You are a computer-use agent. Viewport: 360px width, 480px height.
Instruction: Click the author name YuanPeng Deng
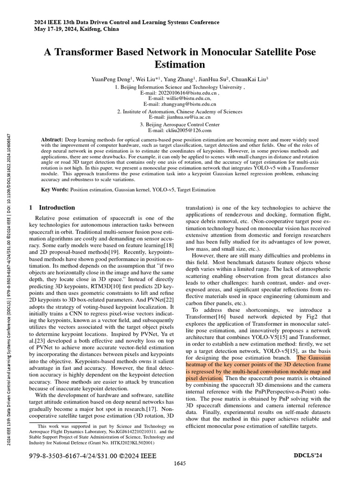112,80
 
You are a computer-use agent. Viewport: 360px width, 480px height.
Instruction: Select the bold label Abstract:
52,140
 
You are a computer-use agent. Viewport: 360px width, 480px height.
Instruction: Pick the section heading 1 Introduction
52,208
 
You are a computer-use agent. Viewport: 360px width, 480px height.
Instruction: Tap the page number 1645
180,464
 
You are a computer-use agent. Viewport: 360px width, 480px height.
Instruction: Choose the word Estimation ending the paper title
180,64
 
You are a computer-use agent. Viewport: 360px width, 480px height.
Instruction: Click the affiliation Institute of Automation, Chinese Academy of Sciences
183,112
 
